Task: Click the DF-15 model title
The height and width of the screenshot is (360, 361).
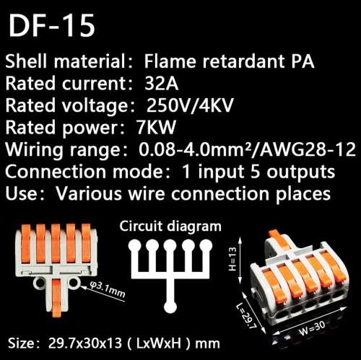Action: click(x=51, y=25)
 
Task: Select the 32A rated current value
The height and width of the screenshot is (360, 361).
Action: click(x=162, y=84)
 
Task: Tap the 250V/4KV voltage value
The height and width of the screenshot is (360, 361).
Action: click(x=190, y=106)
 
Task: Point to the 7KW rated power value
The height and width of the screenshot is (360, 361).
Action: click(x=156, y=127)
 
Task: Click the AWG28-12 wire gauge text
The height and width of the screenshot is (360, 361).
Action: click(x=308, y=149)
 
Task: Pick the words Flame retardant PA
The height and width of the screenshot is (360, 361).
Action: click(x=229, y=61)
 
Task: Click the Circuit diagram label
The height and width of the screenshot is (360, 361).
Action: click(x=170, y=227)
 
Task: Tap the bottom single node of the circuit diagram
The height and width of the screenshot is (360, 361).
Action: click(x=170, y=307)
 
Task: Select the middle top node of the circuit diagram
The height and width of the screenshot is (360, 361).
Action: click(x=170, y=246)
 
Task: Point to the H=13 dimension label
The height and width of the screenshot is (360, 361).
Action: click(x=232, y=259)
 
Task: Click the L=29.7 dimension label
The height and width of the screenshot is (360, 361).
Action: click(x=246, y=315)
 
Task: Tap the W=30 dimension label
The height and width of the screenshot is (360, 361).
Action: click(x=312, y=328)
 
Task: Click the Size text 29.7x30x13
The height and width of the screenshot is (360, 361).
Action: click(x=85, y=343)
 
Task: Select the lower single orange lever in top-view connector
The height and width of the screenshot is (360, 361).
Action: click(x=57, y=297)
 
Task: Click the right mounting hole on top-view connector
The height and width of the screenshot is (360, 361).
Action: click(x=74, y=282)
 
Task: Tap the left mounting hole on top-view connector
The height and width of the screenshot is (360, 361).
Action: click(x=39, y=282)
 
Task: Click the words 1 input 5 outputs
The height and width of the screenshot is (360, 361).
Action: click(x=259, y=172)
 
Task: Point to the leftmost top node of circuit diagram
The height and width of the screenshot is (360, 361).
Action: click(x=135, y=246)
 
